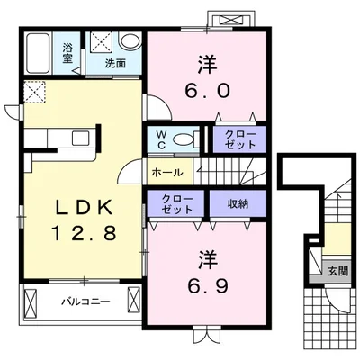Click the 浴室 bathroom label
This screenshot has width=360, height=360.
(x=67, y=53)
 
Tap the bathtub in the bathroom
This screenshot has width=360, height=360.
(x=38, y=53)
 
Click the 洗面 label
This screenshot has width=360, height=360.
(x=115, y=63)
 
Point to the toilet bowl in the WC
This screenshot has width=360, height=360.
(x=183, y=139)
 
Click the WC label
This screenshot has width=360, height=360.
(x=161, y=139)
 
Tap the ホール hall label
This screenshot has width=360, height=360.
(x=167, y=173)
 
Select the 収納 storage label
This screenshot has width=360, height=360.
(x=238, y=204)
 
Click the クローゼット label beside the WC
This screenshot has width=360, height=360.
(x=240, y=139)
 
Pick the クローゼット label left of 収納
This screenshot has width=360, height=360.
(x=177, y=204)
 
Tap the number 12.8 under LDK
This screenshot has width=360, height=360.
(x=85, y=233)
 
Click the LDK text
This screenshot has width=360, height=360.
(x=85, y=207)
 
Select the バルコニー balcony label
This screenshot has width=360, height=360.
(x=86, y=301)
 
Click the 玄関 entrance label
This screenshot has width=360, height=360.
(x=337, y=271)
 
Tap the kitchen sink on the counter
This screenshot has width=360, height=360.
(x=81, y=139)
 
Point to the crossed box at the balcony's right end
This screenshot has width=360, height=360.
(x=134, y=300)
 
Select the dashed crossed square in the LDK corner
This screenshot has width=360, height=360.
(x=34, y=92)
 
